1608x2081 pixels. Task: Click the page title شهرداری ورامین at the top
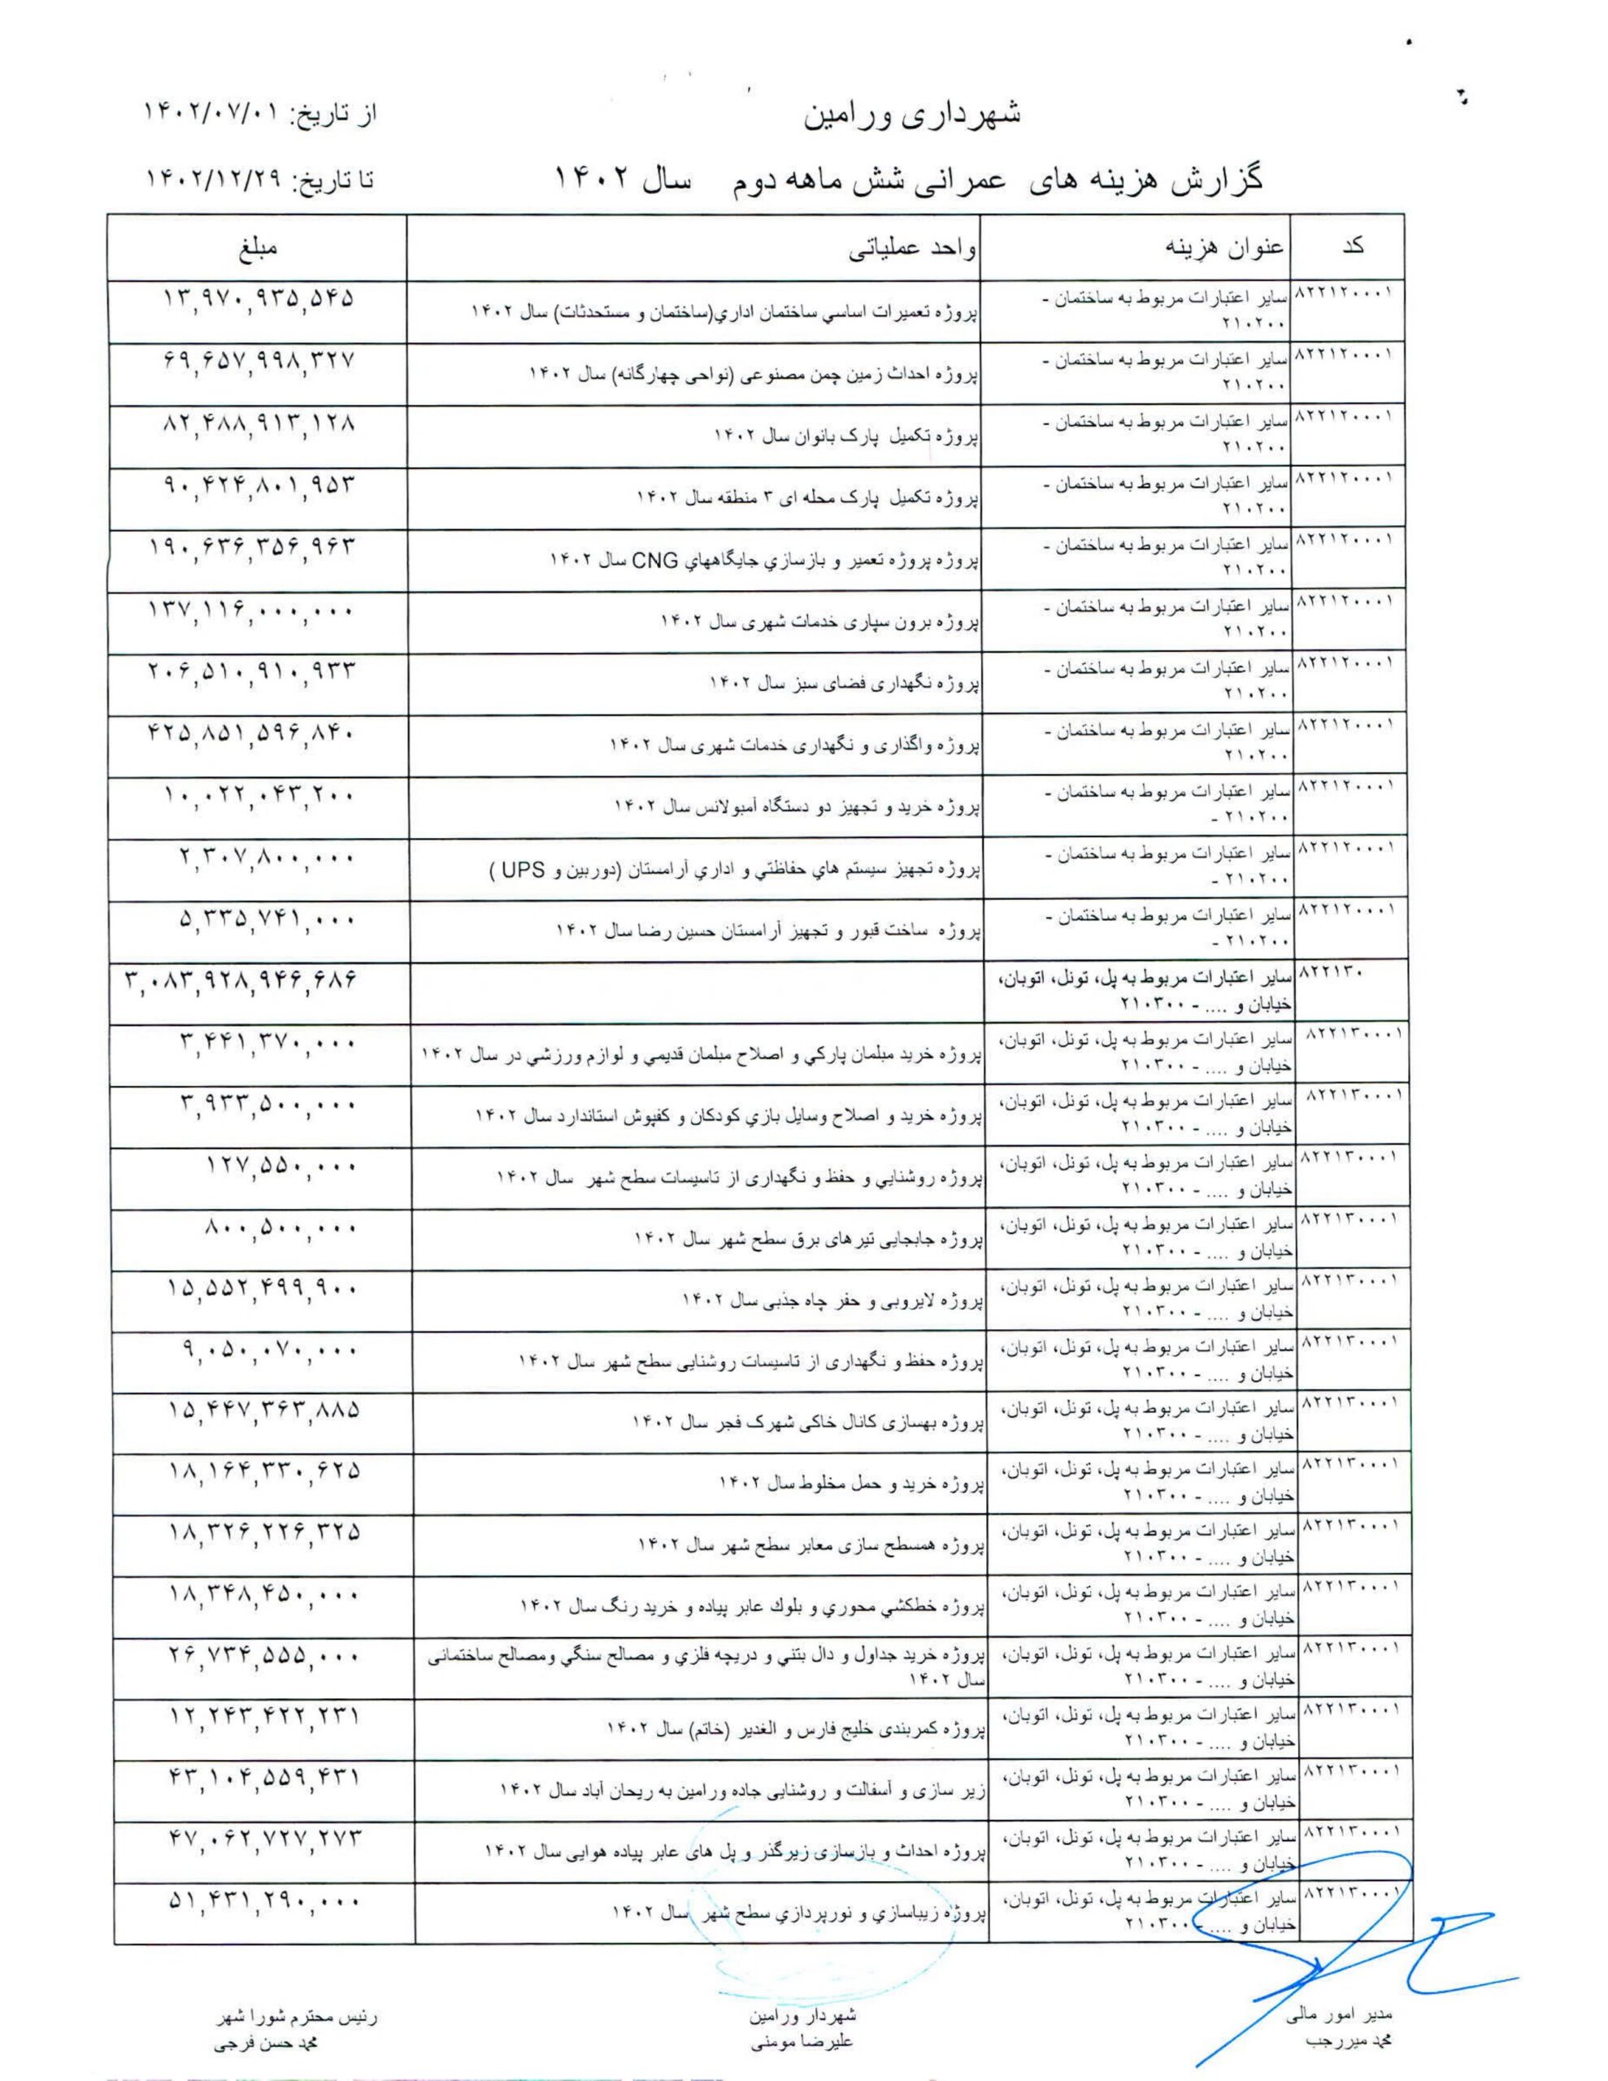coord(912,116)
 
